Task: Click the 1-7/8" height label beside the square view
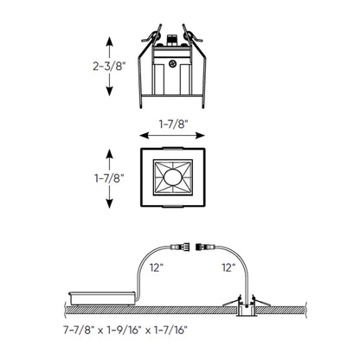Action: [86, 178]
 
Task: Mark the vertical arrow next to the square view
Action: [109, 178]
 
